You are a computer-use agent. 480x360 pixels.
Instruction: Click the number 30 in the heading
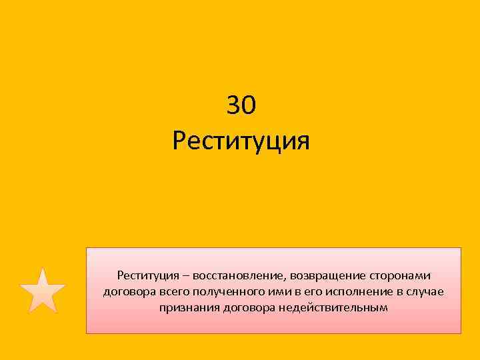(x=241, y=105)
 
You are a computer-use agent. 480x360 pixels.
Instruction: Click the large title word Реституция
(x=241, y=141)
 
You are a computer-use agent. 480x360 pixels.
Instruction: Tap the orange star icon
(x=43, y=291)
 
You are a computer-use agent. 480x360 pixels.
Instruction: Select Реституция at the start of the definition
(x=146, y=276)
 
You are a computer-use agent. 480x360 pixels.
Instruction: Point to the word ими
(x=273, y=292)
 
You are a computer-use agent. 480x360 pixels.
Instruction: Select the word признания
(x=186, y=308)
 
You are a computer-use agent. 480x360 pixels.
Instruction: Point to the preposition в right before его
(x=291, y=292)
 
